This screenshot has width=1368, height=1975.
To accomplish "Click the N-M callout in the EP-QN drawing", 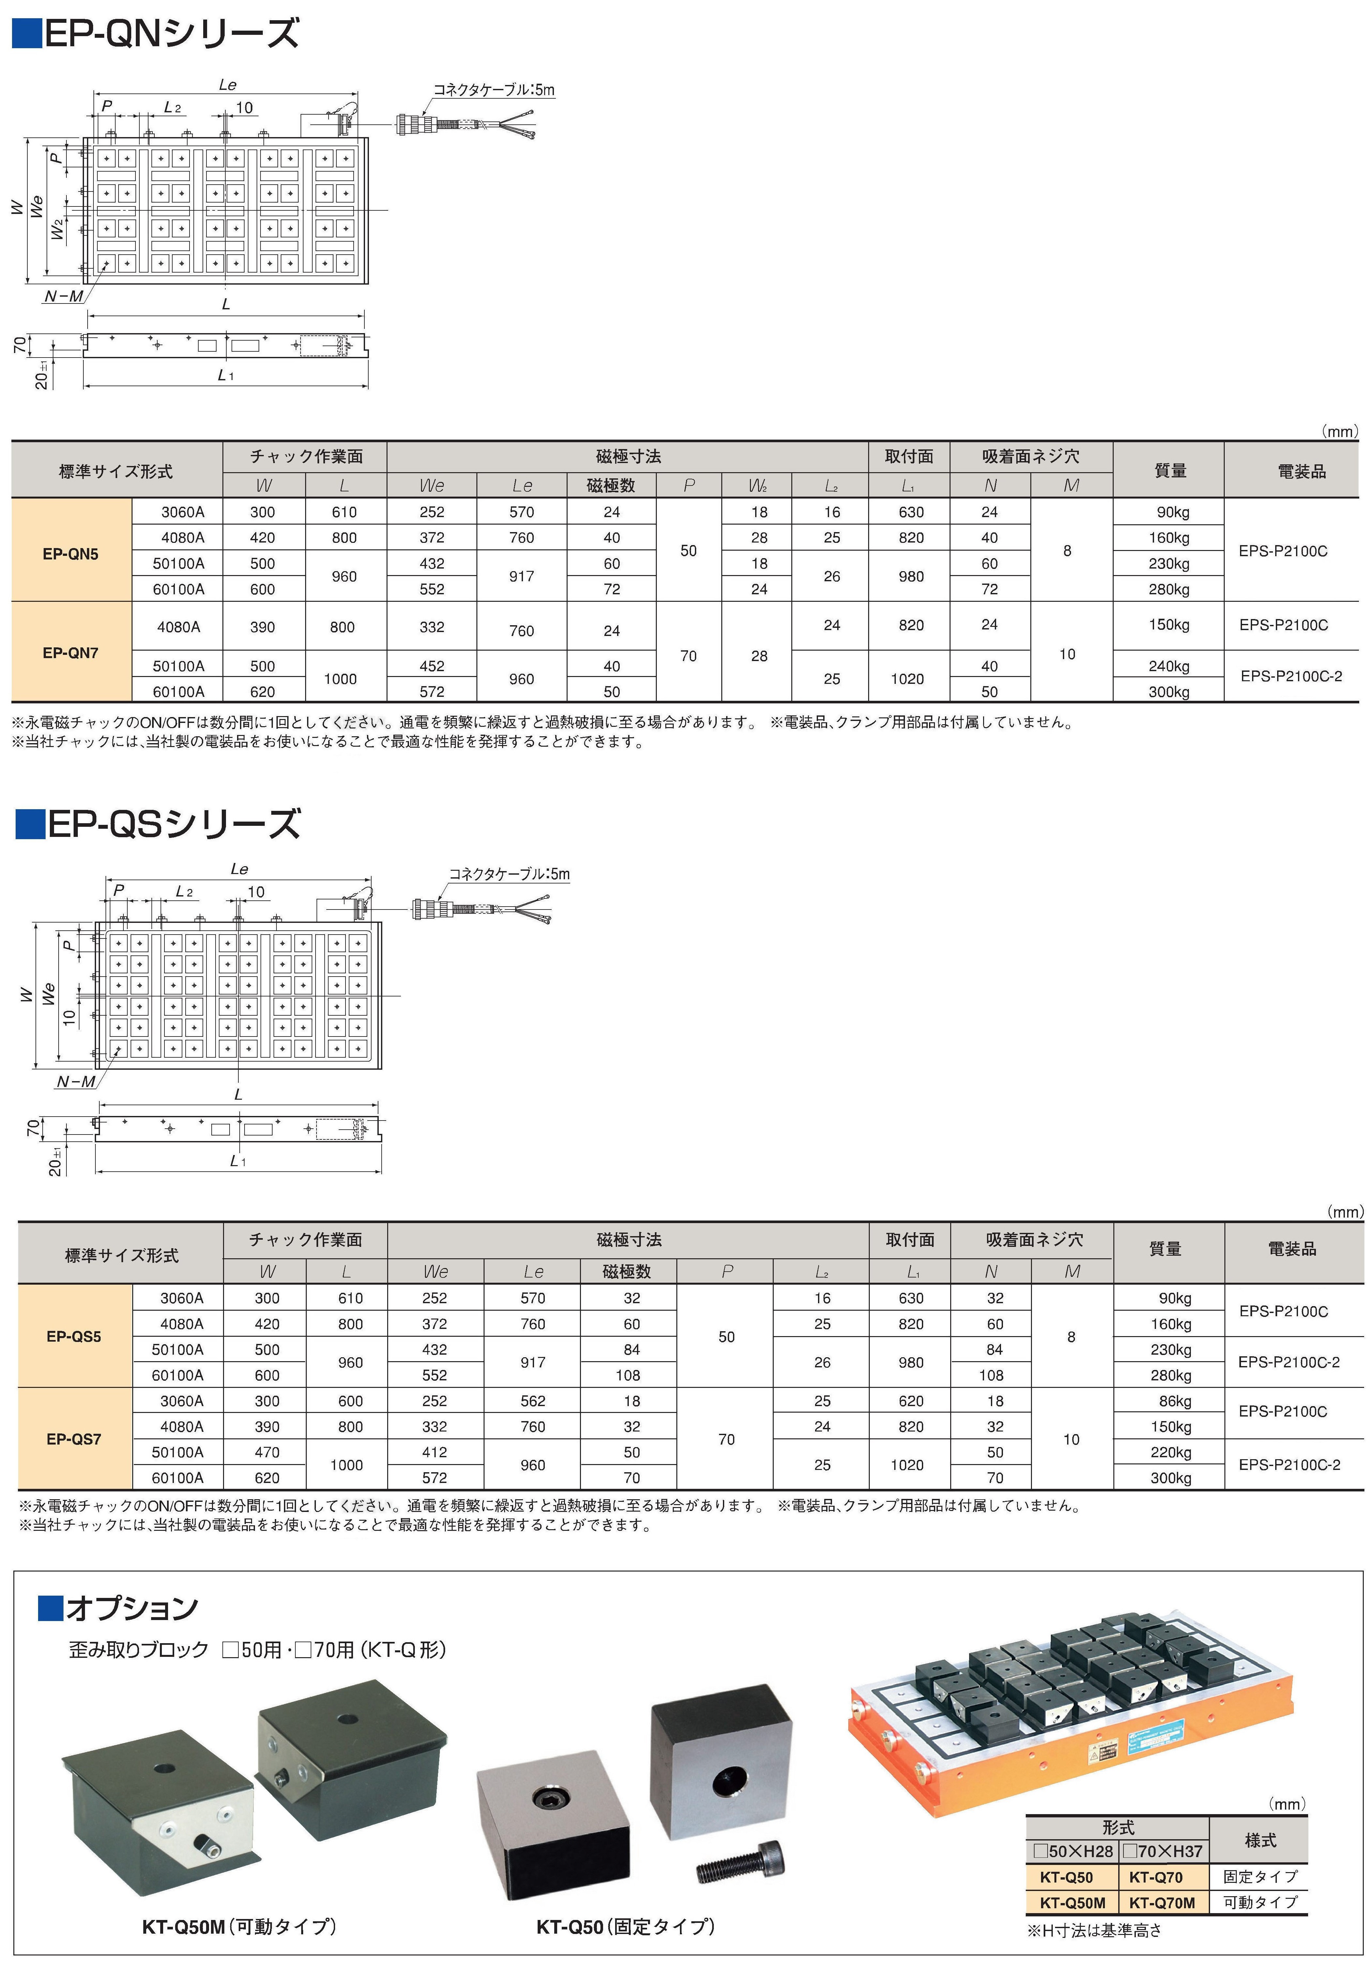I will coord(64,297).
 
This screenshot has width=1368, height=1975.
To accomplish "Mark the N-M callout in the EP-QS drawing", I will coord(76,1082).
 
